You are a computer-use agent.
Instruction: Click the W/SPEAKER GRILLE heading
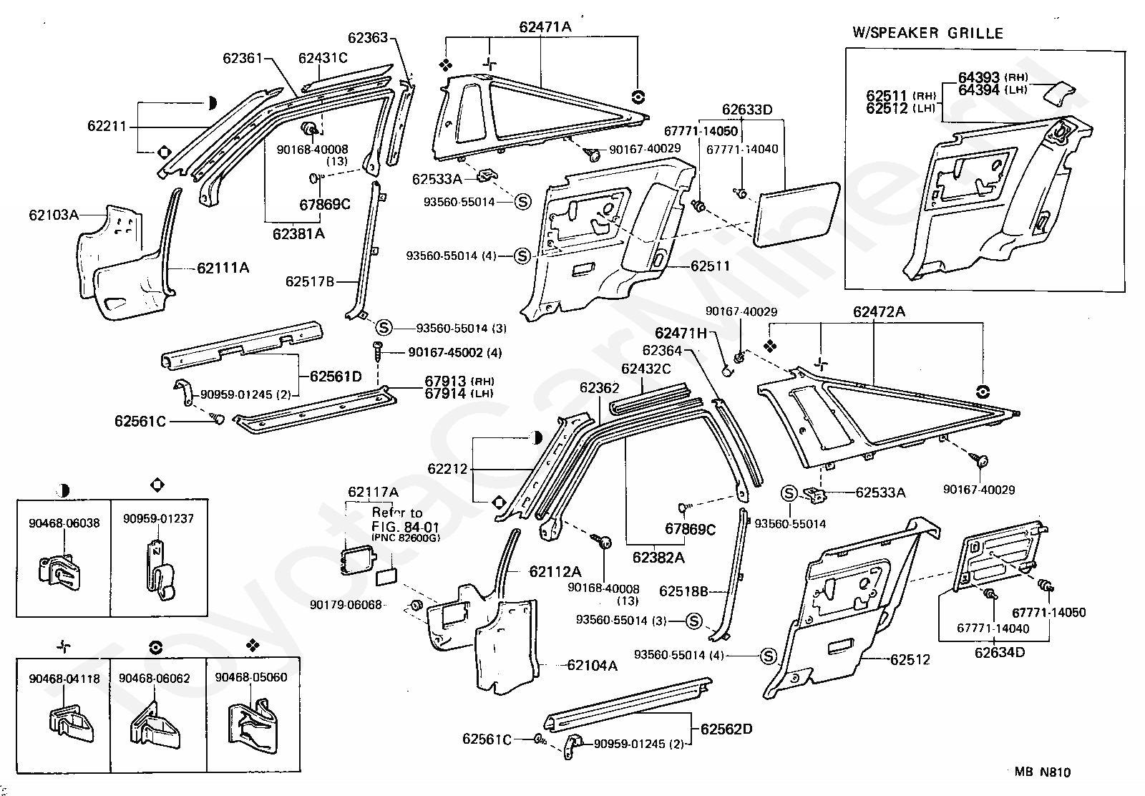927,33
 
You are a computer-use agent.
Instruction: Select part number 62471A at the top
545,26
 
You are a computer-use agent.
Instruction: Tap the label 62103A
54,215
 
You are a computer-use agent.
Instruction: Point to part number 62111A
223,268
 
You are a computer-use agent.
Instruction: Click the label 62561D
336,377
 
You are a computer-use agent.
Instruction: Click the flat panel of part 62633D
797,214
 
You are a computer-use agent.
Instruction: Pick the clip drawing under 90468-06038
59,573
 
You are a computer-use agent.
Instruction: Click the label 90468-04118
64,679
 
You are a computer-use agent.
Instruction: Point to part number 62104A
593,665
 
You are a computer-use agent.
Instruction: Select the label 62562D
726,729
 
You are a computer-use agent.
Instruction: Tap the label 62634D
1000,652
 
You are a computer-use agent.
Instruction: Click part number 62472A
880,311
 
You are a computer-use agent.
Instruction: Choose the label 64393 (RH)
993,77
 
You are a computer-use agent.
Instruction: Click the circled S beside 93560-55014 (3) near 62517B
384,327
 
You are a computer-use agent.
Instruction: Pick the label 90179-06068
346,605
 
